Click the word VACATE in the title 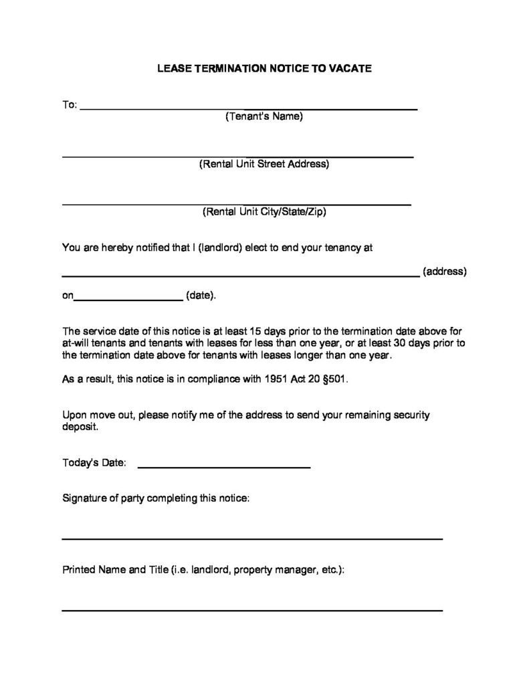[348, 68]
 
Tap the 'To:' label [70, 105]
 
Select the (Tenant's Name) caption [264, 116]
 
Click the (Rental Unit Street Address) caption [264, 164]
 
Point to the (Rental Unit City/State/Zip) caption [264, 212]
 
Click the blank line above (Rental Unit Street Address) [237, 157]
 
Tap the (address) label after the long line [445, 272]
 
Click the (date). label [201, 295]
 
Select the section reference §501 [333, 379]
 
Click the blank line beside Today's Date [223, 466]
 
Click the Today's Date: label [94, 462]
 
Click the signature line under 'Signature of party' [252, 538]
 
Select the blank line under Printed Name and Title [252, 609]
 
